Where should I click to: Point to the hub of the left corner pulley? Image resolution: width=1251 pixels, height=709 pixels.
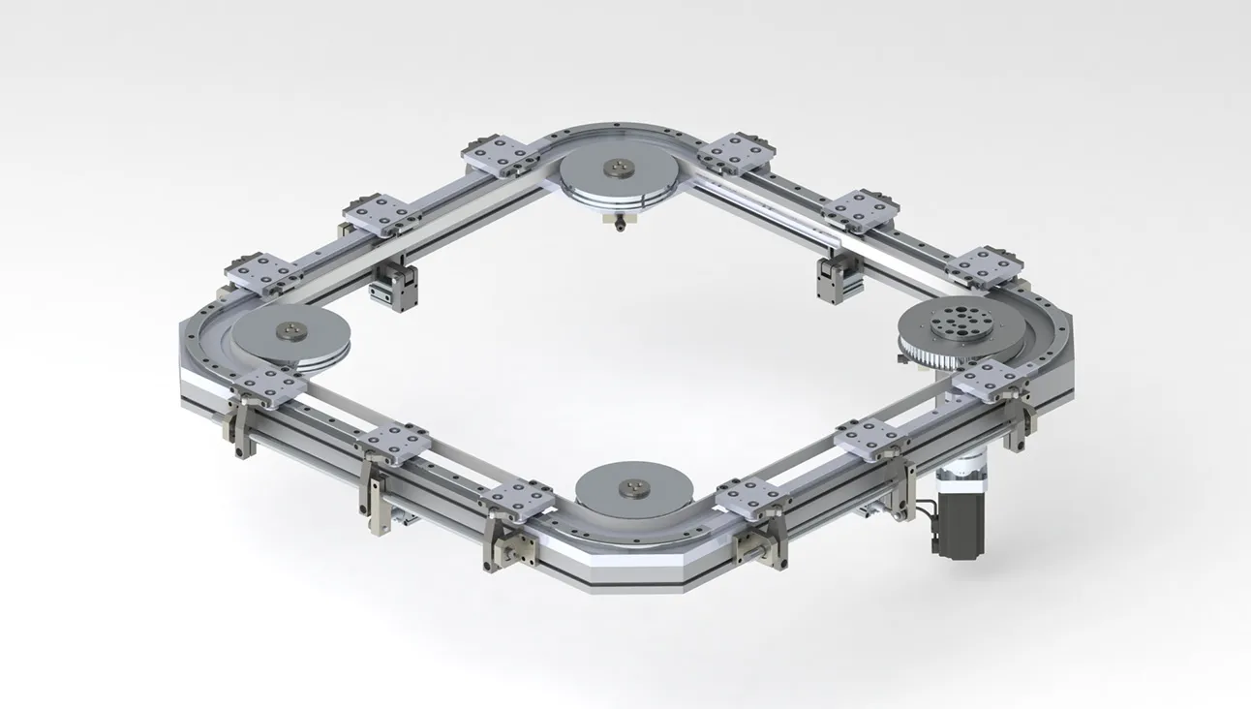pos(289,332)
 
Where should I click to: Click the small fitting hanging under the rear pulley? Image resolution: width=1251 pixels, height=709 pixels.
pos(616,223)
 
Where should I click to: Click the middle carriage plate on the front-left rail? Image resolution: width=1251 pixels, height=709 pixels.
pos(393,443)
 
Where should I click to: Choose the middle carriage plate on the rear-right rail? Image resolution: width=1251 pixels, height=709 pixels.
pos(861,208)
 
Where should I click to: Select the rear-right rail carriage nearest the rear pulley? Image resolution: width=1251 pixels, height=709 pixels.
pos(737,152)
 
